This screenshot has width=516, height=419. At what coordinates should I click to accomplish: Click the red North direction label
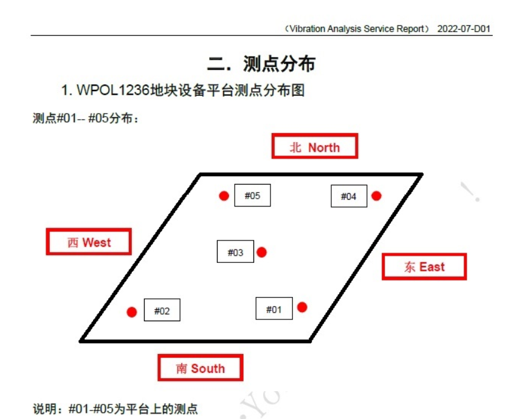314,147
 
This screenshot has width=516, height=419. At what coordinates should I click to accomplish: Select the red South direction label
200,368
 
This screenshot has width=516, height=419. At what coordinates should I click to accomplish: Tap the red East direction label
424,267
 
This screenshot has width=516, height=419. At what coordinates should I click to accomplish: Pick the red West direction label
89,242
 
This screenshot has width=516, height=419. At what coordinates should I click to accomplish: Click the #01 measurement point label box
274,309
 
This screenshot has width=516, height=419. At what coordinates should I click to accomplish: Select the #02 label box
162,311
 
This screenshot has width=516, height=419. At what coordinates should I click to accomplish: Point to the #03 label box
235,252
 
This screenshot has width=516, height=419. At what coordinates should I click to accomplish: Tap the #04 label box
349,196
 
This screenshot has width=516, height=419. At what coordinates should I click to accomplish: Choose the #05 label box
252,195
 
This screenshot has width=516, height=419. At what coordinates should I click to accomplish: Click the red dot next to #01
302,307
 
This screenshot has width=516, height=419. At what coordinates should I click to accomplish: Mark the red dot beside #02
132,312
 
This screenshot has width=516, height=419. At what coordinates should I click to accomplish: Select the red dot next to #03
261,252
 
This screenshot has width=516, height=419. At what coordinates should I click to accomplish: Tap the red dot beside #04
376,196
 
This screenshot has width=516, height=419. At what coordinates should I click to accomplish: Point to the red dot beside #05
224,196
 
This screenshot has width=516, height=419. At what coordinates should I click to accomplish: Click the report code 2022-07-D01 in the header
463,29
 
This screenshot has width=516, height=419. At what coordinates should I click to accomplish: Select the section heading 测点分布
279,63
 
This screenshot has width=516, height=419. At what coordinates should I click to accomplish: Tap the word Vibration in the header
309,29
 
